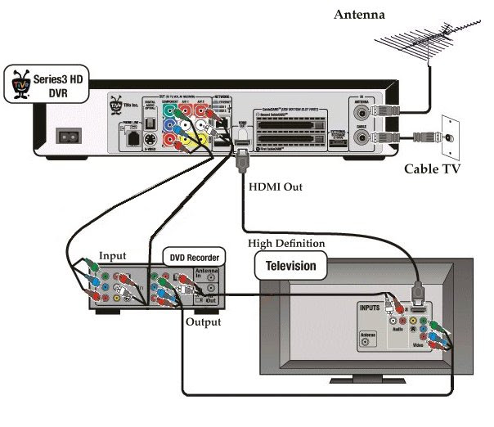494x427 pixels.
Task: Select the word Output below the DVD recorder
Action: pos(203,322)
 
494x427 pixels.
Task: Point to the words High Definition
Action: pos(286,244)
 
